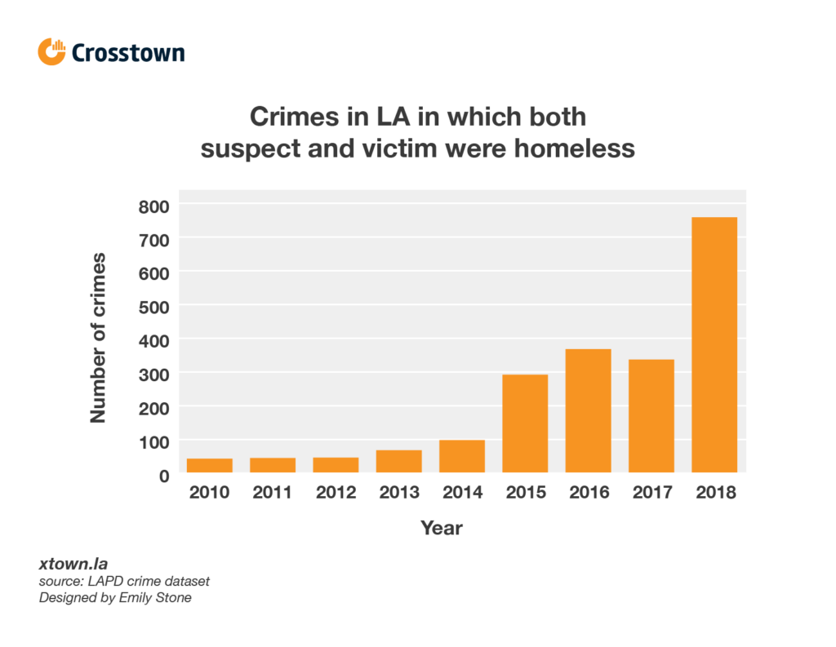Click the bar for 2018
click(x=714, y=345)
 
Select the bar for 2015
click(x=525, y=423)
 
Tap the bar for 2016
click(x=588, y=411)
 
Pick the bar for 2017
click(x=651, y=416)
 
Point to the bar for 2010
click(x=210, y=465)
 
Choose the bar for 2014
click(x=462, y=456)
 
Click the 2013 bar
click(x=398, y=461)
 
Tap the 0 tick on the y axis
click(x=164, y=476)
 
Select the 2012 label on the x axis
click(x=336, y=493)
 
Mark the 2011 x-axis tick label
click(x=273, y=493)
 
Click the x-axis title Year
click(x=442, y=529)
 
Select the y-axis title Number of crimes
click(x=98, y=338)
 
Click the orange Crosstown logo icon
click(x=51, y=51)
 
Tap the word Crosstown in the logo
click(x=128, y=53)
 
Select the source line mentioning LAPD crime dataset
click(x=124, y=582)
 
